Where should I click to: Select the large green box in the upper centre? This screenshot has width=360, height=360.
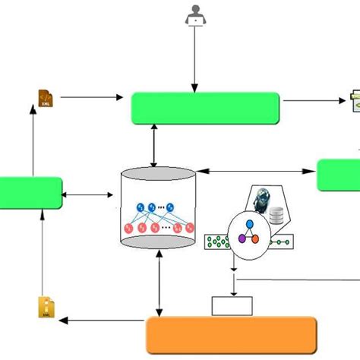(205, 108)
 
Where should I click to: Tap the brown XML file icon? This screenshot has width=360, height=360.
(46, 97)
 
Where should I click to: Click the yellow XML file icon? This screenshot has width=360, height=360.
(46, 307)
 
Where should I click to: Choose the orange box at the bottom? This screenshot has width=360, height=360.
(230, 335)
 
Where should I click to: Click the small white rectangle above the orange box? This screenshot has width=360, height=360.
(232, 305)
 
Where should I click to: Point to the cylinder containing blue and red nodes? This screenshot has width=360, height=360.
(159, 209)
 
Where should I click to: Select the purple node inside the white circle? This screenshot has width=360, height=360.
(242, 238)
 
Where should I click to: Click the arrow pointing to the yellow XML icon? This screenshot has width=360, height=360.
(103, 320)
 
